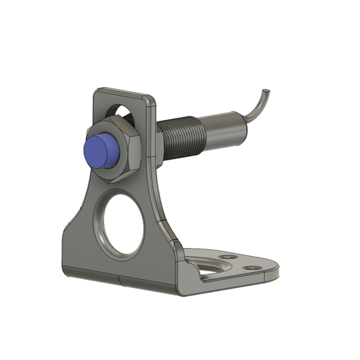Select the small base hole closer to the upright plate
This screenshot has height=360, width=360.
(x=227, y=257)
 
